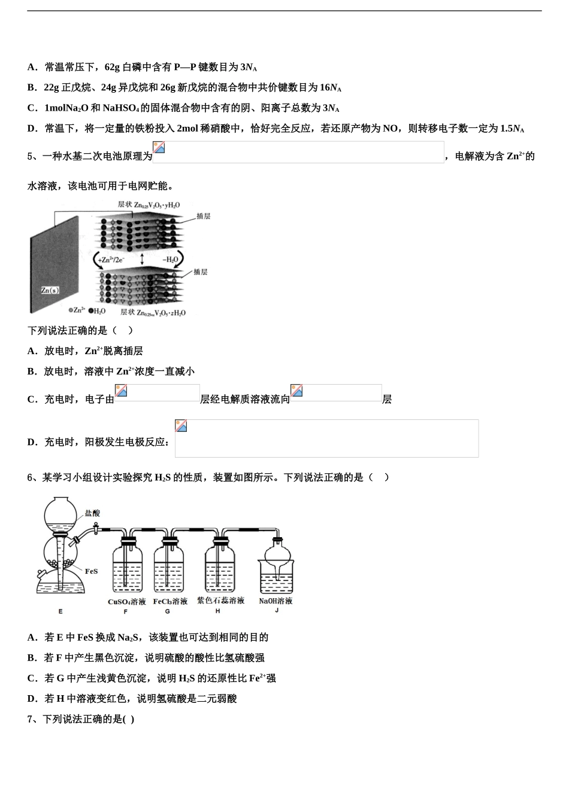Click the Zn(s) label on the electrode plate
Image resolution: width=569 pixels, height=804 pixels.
50,290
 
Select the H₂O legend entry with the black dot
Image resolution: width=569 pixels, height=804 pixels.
97,312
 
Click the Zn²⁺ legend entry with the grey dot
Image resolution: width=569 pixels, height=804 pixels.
77,312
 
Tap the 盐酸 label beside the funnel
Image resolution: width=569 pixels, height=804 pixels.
92,513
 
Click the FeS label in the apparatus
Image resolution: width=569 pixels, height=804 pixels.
91,571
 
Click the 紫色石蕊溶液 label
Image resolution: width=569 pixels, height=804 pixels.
220,601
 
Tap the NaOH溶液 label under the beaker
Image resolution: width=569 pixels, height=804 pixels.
276,601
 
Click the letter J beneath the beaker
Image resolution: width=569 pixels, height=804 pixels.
277,611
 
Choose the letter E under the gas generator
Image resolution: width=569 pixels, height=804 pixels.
60,611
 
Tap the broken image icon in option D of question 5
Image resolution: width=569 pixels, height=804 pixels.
181,426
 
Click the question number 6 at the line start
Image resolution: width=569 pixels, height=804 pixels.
30,477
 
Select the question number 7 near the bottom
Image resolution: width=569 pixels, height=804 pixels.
30,719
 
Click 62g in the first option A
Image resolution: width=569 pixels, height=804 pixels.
112,68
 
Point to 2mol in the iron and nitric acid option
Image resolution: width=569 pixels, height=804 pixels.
187,129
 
